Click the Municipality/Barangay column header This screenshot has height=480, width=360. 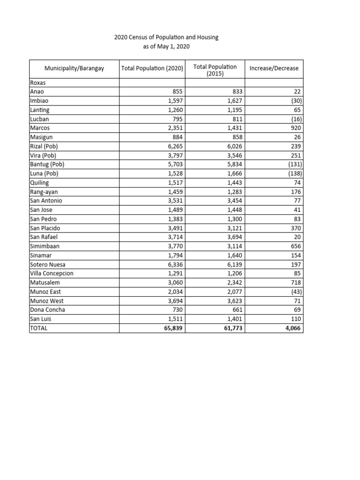(74, 68)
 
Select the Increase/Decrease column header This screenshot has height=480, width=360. (274, 68)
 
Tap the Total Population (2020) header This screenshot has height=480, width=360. (152, 68)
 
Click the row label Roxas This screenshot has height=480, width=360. (37, 83)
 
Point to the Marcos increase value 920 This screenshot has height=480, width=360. (295, 128)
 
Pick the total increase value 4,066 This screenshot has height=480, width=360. (292, 328)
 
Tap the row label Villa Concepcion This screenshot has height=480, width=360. (52, 273)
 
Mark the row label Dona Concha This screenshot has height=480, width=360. (47, 310)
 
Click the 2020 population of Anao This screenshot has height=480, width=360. (176, 92)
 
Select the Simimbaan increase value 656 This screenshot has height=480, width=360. (295, 246)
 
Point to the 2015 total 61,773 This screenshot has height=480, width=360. (231, 328)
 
